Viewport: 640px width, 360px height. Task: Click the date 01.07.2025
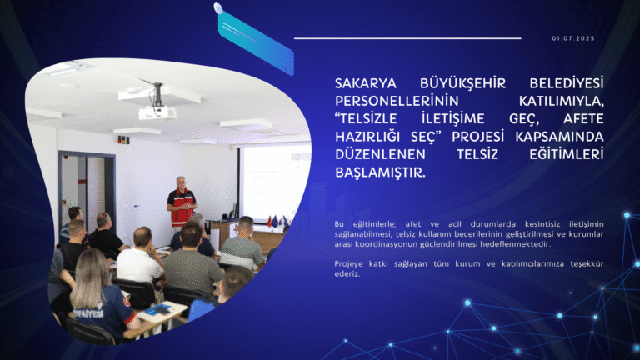pos(573,38)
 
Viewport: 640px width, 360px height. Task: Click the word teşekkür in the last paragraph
pos(580,263)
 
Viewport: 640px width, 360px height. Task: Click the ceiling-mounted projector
pos(157,111)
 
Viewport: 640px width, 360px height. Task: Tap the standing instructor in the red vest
pos(181,203)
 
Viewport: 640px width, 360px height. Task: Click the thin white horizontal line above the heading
pos(407,38)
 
